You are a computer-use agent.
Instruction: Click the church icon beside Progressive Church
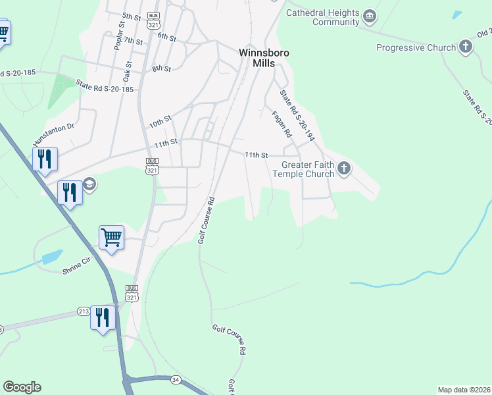click(x=466, y=47)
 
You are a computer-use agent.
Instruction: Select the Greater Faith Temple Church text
click(x=308, y=170)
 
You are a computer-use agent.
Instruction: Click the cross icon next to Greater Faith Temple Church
click(x=344, y=170)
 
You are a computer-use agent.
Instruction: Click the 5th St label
click(x=132, y=16)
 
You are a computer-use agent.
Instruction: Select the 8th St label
click(x=161, y=68)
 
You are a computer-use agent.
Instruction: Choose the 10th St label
click(x=160, y=122)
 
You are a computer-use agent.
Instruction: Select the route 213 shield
click(x=84, y=311)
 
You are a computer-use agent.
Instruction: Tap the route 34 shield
click(x=175, y=380)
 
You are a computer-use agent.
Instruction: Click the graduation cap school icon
click(x=89, y=184)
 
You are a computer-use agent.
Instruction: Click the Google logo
click(x=22, y=387)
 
